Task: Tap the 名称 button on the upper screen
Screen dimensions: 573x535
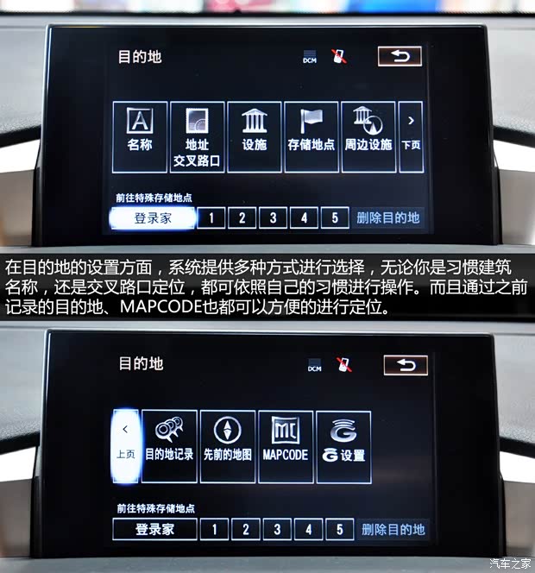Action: [x=140, y=136]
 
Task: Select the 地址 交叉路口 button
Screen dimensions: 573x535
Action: [x=197, y=136]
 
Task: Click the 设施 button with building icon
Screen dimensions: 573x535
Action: [x=254, y=136]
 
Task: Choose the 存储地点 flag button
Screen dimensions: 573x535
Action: [x=311, y=136]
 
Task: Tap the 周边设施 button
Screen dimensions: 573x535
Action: [x=368, y=136]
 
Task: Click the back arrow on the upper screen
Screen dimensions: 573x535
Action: [x=400, y=57]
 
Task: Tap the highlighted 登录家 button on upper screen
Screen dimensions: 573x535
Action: [x=153, y=218]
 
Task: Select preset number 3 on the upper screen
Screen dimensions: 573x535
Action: [x=273, y=218]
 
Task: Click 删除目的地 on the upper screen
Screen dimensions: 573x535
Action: [x=388, y=218]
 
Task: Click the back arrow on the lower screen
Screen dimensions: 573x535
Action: [x=406, y=365]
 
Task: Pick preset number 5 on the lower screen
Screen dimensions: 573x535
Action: [x=340, y=529]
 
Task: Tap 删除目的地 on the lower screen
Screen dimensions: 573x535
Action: [x=393, y=529]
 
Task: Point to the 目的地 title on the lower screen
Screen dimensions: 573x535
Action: [x=141, y=363]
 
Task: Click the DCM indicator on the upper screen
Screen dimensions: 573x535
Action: [x=310, y=60]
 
